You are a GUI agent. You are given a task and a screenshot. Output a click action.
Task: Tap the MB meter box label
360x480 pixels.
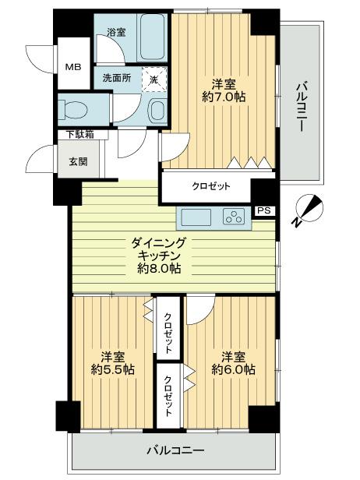click(x=72, y=66)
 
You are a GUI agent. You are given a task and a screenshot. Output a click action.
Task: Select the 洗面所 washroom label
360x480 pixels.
click(x=112, y=78)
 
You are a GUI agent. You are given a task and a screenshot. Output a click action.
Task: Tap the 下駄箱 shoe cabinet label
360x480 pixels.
click(x=79, y=135)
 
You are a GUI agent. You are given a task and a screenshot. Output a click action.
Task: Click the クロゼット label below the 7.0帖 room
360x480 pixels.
click(x=211, y=186)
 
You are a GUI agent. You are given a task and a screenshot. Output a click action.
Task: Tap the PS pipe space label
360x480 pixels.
click(x=265, y=210)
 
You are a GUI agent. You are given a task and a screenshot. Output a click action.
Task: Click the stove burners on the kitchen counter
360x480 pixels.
click(x=235, y=216)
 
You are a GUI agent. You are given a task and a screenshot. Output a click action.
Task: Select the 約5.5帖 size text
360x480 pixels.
click(x=112, y=369)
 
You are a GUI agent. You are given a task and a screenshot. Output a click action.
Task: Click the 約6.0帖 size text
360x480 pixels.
click(x=232, y=369)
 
